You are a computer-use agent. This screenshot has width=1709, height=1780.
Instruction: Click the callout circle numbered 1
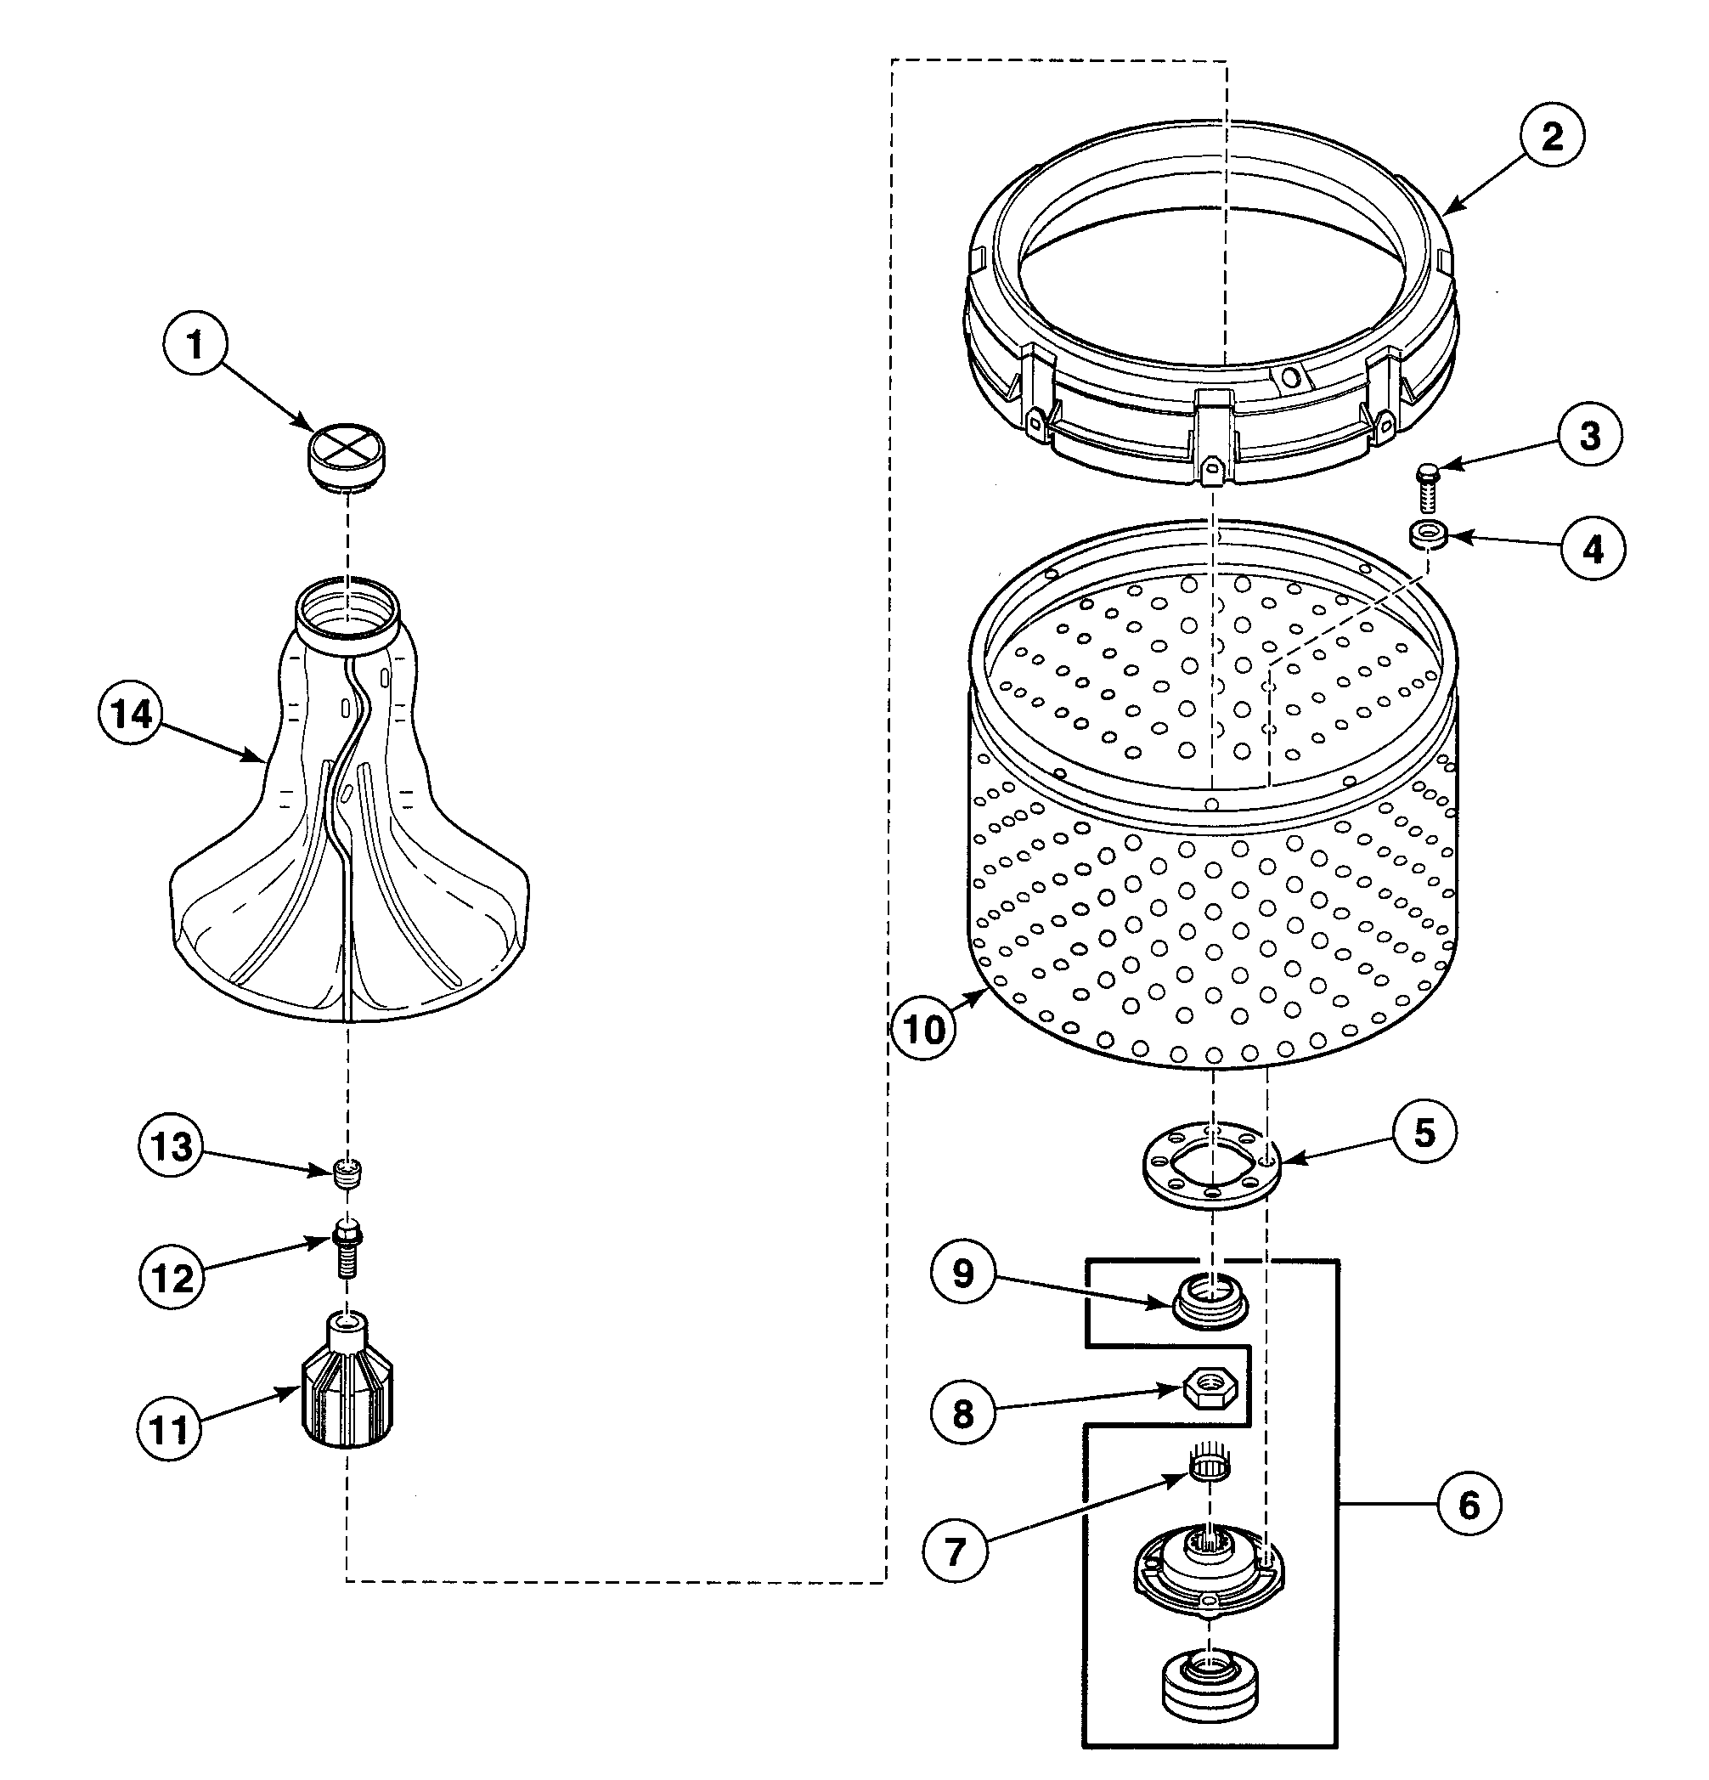(195, 345)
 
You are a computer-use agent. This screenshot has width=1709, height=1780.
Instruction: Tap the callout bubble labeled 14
(131, 714)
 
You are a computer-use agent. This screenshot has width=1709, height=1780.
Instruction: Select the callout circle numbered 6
(1469, 1506)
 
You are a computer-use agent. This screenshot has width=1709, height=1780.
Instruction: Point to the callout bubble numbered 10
(923, 1030)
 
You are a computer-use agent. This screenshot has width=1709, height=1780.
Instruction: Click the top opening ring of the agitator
(347, 604)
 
